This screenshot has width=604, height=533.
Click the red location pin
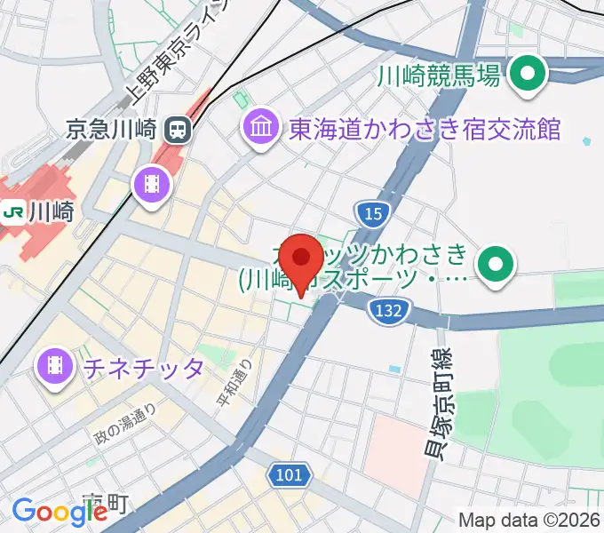click(302, 259)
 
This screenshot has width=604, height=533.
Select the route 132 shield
click(390, 309)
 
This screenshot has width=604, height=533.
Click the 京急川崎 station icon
click(178, 131)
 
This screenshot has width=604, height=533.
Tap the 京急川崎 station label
click(113, 131)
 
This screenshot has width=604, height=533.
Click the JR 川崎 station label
click(51, 212)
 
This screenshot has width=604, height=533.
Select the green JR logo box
click(13, 212)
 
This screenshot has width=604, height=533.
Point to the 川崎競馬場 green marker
click(530, 76)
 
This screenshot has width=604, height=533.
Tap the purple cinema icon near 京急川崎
click(148, 184)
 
